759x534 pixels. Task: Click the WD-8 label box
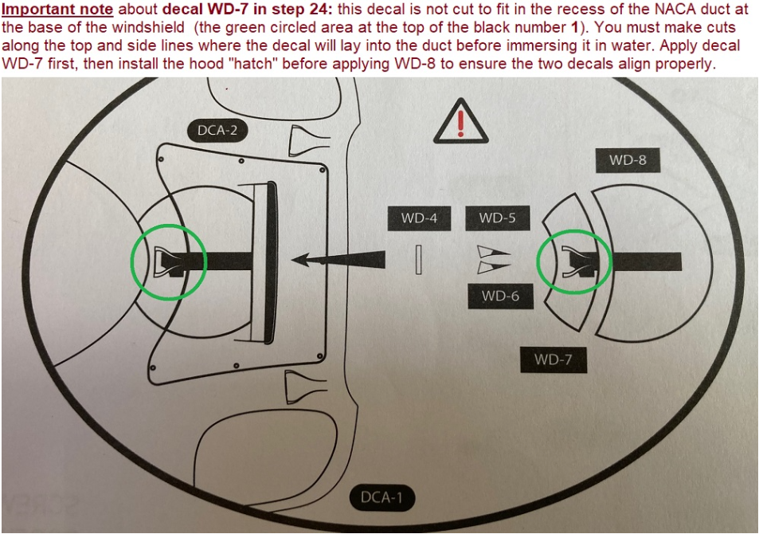pos(628,160)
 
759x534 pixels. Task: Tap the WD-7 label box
pos(554,359)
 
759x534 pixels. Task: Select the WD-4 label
pos(419,218)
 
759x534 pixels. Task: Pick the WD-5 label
pos(498,218)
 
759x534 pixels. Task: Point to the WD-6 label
pos(500,296)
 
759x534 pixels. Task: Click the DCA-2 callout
pos(217,131)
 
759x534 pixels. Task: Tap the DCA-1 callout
pos(382,497)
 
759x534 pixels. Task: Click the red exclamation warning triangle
pos(460,122)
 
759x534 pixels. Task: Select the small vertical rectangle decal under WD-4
pos(419,260)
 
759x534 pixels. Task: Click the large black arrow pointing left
pos(338,260)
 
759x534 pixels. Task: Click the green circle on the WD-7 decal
pos(538,262)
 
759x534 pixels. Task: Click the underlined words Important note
pos(57,9)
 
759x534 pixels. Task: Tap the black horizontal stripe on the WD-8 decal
pos(647,261)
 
